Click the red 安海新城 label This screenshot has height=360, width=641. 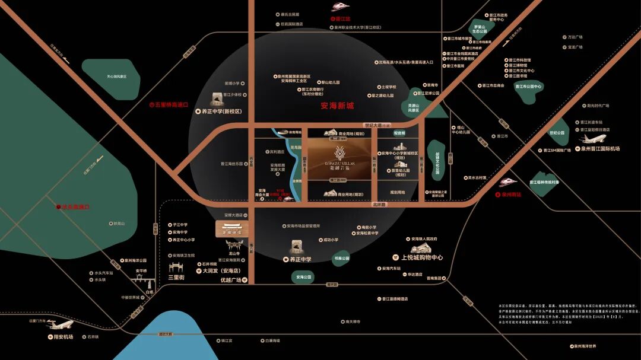tap(337, 106)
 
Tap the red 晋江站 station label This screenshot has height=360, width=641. tap(344, 19)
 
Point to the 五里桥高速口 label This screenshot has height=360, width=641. tap(170, 104)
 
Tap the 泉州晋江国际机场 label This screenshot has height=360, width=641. tap(601, 149)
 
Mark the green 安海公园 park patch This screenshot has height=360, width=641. tap(303, 277)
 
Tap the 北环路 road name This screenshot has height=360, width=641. tap(379, 205)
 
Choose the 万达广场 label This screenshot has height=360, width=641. tap(575, 37)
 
